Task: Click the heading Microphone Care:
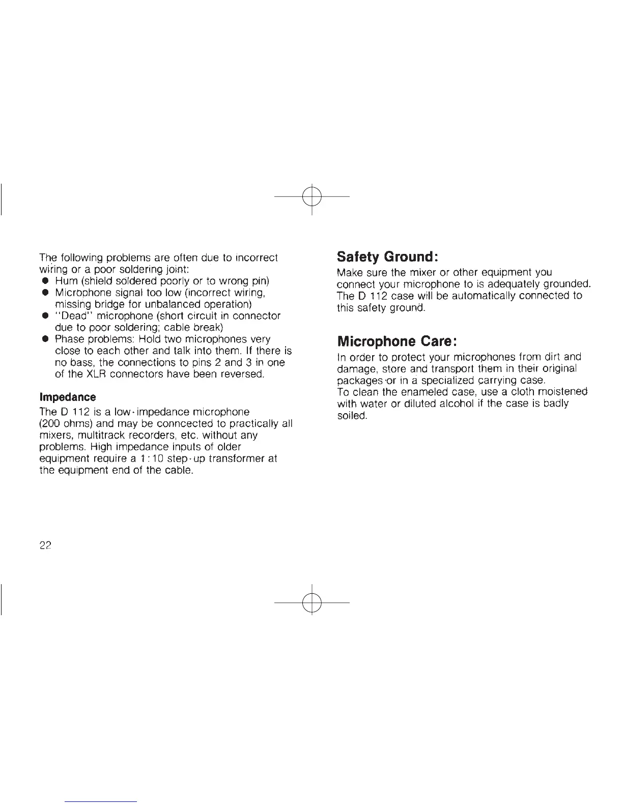tap(397, 340)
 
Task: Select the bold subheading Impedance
tap(67, 396)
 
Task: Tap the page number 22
tap(46, 545)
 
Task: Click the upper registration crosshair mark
tap(311, 196)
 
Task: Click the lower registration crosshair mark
tap(311, 602)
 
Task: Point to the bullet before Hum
tap(45, 281)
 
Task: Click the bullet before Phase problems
tap(45, 339)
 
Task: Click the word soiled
tap(352, 416)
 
